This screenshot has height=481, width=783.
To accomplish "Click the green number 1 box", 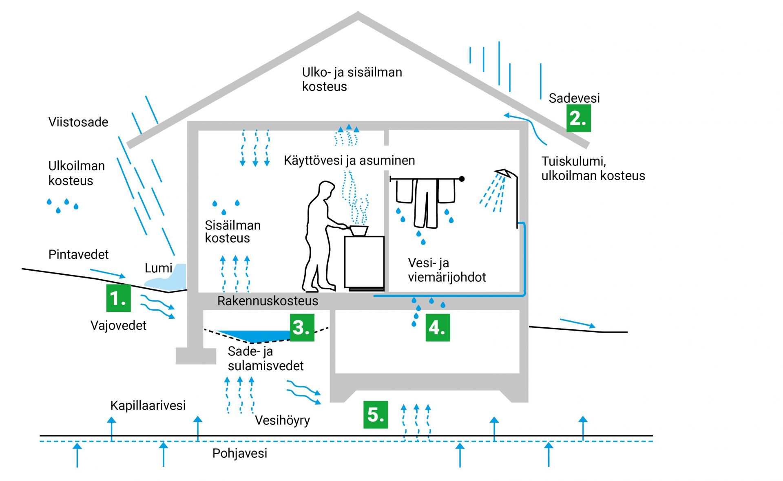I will coord(118,298).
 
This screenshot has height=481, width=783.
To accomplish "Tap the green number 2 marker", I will coord(578,118).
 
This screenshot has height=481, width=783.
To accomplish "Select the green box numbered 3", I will coord(302,327).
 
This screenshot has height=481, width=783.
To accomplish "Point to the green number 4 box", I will coord(438,327).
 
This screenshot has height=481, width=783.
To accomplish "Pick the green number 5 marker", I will coord(375,415).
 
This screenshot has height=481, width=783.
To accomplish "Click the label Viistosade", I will coord(78,122).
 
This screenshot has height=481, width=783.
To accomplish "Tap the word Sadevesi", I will coord(574,98).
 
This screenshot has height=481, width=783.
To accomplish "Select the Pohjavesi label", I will coord(240,453).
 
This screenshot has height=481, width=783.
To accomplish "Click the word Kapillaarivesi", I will coord(148,406).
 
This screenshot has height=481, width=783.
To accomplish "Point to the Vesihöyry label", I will coord(282,420).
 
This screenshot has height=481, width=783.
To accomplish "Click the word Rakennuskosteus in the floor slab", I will coord(268,301).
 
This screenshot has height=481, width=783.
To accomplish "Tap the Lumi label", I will coord(158,268).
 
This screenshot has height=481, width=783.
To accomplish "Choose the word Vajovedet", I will coord(118,325).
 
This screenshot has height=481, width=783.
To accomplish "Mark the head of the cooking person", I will coord(326,190).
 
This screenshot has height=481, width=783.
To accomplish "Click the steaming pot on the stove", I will coord(359,231).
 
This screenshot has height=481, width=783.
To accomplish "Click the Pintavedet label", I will coord(78,255).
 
